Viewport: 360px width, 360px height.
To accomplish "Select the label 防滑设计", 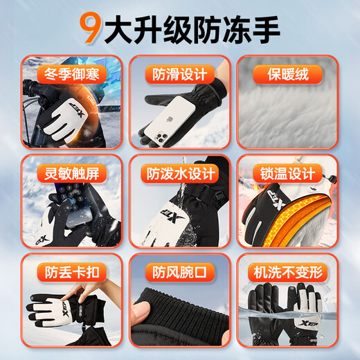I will [179, 73].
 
